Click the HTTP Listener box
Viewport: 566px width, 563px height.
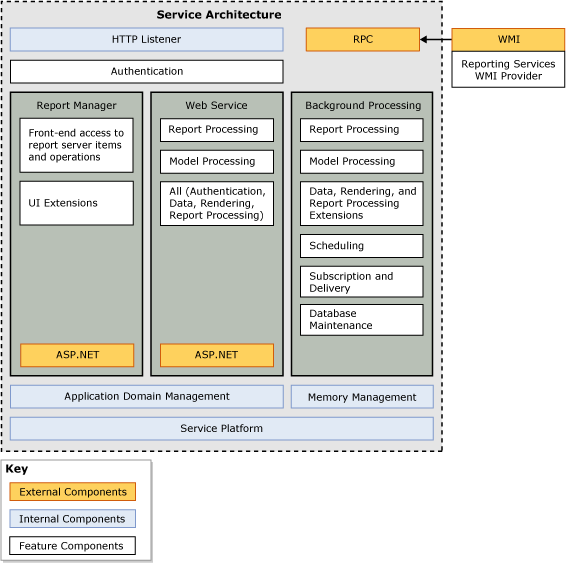point(146,40)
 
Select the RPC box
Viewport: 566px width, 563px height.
point(362,40)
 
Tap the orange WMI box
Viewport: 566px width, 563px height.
point(508,40)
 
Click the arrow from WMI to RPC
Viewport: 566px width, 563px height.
point(436,40)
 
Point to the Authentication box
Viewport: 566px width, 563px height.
point(146,72)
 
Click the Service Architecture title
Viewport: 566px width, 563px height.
point(219,15)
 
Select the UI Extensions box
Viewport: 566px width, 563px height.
point(76,203)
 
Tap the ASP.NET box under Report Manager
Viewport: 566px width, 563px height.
point(77,355)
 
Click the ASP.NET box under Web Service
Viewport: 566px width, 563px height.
point(216,355)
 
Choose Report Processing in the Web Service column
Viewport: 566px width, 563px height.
point(216,130)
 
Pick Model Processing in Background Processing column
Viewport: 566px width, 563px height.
point(361,162)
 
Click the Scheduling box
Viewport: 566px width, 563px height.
point(361,246)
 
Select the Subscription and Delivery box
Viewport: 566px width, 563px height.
point(361,282)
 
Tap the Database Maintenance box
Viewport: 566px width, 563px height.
point(361,320)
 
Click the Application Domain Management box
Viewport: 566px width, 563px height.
point(146,397)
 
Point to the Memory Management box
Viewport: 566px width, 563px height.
point(362,397)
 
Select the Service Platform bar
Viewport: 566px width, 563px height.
point(221,429)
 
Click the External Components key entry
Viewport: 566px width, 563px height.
point(72,492)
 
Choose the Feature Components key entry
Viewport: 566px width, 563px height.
point(72,546)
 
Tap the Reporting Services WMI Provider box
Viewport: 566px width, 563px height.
point(508,70)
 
